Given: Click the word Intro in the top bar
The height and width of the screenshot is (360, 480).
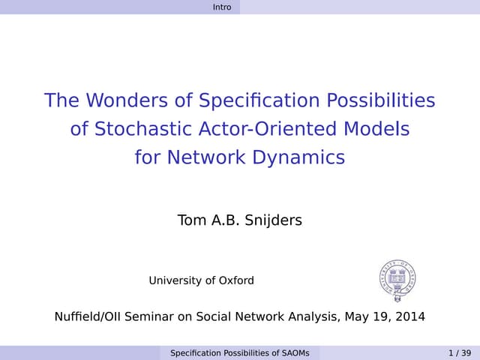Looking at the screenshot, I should (x=222, y=7).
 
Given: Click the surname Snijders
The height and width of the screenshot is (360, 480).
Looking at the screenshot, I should (x=274, y=220).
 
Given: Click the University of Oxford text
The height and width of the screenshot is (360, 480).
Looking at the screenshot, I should (x=201, y=280).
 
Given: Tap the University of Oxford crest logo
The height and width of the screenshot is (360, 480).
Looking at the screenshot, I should (x=397, y=281).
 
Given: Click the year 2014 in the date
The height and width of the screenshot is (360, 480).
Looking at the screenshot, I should (x=409, y=316).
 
